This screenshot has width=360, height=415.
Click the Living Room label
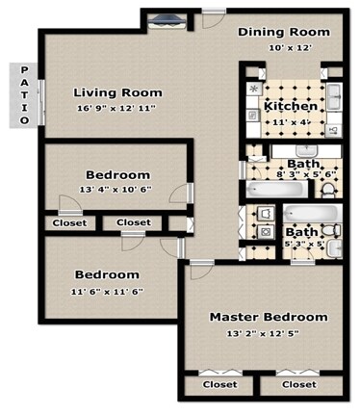[117, 93]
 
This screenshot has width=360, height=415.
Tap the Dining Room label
[284, 32]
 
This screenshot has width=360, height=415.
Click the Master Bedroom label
[269, 317]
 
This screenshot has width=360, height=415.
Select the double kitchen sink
[334, 97]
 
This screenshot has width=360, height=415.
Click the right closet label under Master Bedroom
[297, 384]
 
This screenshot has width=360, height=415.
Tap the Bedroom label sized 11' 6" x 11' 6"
[106, 274]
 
